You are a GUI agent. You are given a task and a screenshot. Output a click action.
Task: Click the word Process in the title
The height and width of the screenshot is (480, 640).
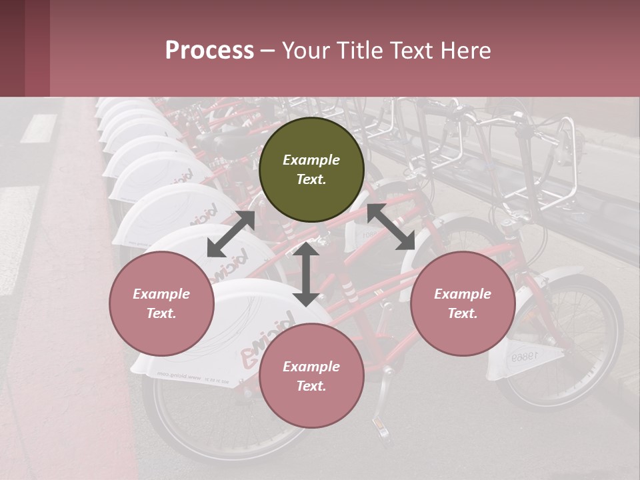(209, 51)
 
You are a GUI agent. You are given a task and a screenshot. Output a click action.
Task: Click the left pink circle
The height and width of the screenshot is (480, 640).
(161, 303)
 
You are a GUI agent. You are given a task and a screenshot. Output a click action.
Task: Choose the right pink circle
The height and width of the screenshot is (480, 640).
(463, 303)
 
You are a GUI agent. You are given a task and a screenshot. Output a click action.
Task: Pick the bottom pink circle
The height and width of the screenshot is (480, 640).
(311, 376)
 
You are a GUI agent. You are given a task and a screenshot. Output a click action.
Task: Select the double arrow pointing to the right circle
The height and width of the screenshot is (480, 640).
(391, 227)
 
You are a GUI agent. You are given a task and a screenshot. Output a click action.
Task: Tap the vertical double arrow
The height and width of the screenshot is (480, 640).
(305, 274)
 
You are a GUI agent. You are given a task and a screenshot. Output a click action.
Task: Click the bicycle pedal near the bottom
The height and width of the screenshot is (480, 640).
(384, 427)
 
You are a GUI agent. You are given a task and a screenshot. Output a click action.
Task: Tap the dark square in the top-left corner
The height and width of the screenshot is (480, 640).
(13, 48)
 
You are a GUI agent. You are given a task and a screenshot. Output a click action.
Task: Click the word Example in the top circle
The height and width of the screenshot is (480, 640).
(311, 160)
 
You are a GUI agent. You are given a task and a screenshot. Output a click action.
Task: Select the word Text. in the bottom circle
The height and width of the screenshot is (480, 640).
(311, 386)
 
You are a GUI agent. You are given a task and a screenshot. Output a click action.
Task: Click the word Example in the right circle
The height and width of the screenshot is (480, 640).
(463, 294)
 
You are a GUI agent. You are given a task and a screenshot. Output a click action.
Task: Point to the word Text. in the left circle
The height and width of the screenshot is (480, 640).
(161, 313)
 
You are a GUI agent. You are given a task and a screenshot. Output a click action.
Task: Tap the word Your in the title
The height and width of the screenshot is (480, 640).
(304, 51)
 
